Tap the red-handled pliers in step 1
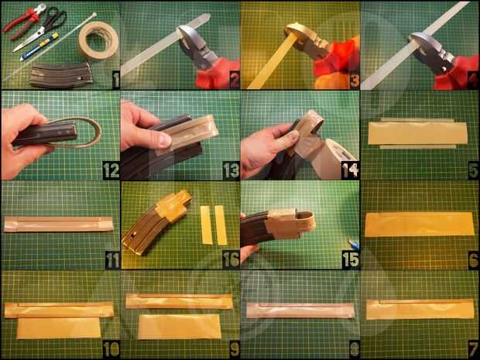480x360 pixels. point(25,21)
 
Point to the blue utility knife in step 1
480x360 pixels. point(39,46)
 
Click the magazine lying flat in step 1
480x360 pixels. point(61,75)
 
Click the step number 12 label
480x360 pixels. point(111,171)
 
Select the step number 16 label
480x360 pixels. point(231,260)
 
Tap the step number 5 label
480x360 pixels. point(473,171)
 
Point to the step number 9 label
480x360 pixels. point(234,349)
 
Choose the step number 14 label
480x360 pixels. point(351,171)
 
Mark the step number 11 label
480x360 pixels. point(112,260)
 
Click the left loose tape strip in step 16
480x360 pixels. point(206,225)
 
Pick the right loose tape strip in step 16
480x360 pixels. point(221,225)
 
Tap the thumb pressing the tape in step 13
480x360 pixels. point(162,142)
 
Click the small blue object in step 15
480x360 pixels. point(353,244)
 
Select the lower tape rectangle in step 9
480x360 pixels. point(180,327)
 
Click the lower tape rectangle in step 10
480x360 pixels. point(59,327)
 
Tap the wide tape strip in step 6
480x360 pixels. point(420,225)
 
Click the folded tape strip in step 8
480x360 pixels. point(300,310)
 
